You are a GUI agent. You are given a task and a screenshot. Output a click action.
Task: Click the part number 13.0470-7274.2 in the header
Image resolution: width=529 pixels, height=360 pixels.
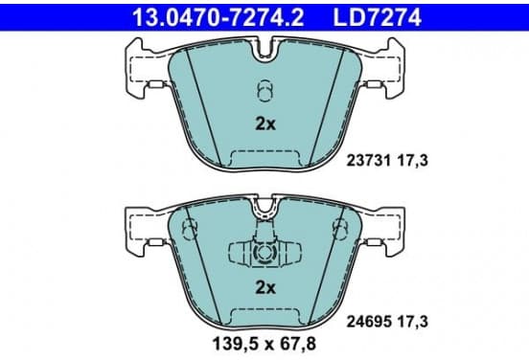tap(218, 17)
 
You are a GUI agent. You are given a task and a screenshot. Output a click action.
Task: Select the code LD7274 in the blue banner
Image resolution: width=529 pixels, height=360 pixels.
tap(378, 17)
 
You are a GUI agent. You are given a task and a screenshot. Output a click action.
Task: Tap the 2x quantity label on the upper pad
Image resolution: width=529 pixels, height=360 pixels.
tap(265, 124)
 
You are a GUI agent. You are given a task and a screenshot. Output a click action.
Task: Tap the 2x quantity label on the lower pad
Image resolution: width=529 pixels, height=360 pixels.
tap(265, 287)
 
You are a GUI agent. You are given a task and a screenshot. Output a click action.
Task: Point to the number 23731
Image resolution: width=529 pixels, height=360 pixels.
tap(368, 161)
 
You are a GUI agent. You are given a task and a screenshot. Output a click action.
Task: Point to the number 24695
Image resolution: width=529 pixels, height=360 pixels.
tap(368, 322)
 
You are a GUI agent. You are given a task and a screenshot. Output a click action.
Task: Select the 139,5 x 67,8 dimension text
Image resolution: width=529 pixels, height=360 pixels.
tap(264, 344)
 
